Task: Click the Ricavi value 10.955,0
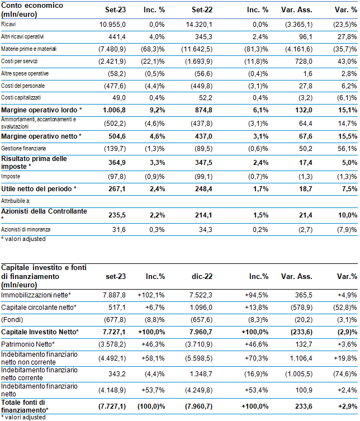point(112,25)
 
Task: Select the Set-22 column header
point(202,10)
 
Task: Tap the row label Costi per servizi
point(20,61)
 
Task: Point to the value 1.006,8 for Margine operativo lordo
point(115,110)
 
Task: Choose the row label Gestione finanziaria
point(23,148)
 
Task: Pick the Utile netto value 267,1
point(117,189)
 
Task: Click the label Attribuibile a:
point(16,201)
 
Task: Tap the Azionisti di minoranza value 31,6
point(119,230)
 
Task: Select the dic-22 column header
point(202,277)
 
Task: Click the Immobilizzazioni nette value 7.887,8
point(114,295)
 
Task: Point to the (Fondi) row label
point(12,320)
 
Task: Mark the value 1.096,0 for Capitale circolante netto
point(201,308)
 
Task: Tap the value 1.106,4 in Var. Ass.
point(301,358)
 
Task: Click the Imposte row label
point(11,177)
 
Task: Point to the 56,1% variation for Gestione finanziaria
point(347,149)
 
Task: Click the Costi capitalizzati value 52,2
point(206,98)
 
